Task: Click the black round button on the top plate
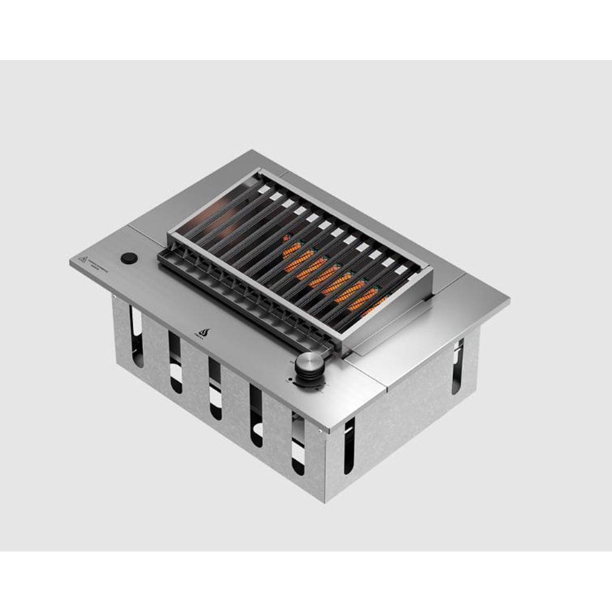129,258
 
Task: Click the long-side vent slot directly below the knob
297,442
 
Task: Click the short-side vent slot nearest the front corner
349,445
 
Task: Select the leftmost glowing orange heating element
293,250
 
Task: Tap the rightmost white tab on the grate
401,269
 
